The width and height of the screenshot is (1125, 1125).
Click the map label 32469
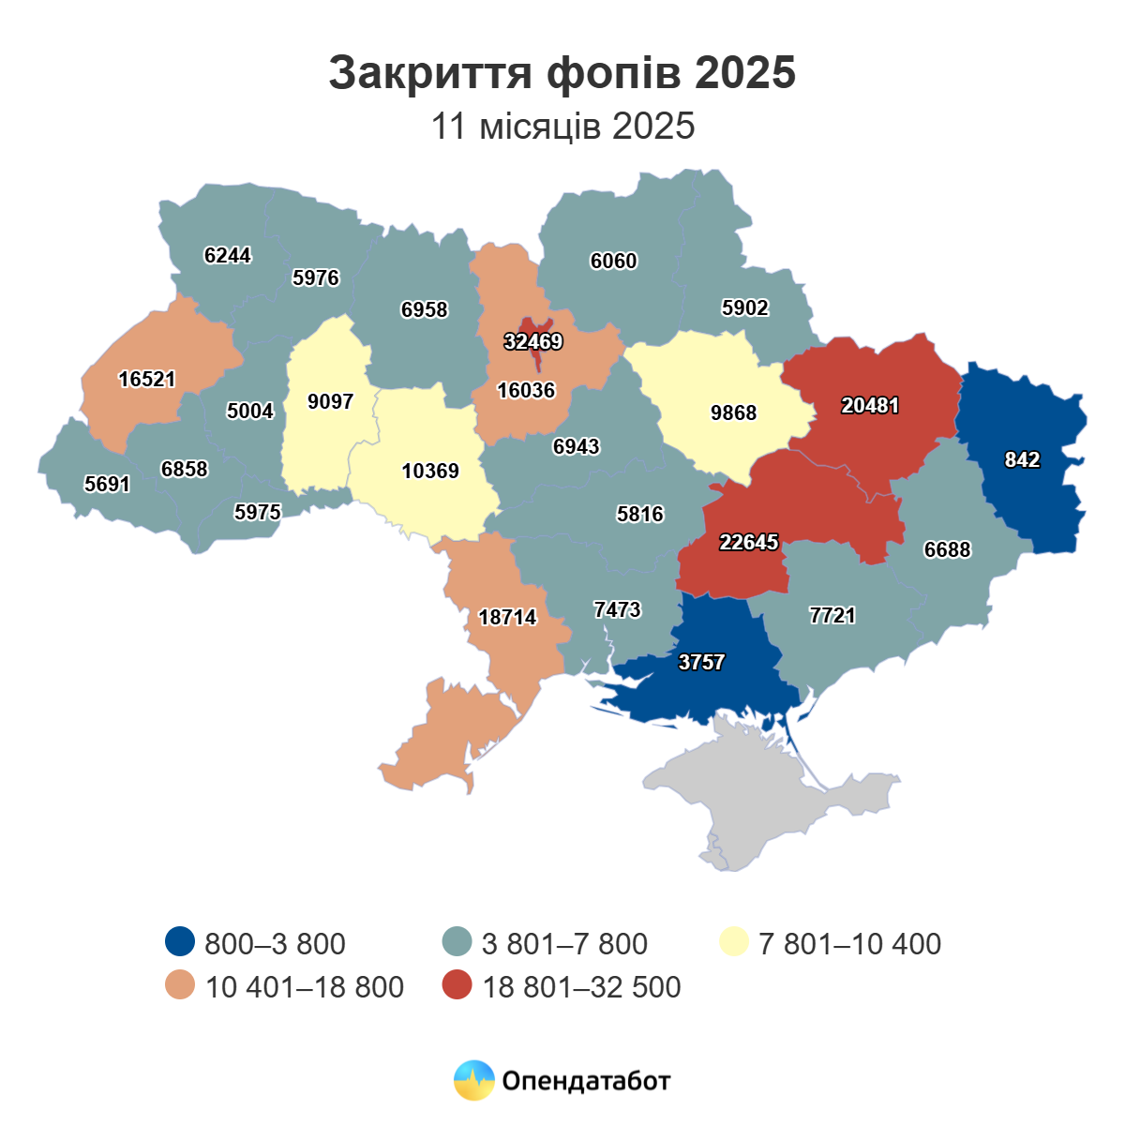coord(533,342)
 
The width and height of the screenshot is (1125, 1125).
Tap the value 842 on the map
coord(1022,459)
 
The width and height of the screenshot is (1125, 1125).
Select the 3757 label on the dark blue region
coord(701,663)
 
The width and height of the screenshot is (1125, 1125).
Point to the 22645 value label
coord(749,542)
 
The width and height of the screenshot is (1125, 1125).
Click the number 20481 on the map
coord(870,406)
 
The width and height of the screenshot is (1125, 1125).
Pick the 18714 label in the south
coord(507,618)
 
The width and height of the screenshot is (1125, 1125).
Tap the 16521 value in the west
coord(147,380)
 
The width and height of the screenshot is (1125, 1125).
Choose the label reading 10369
coord(430,472)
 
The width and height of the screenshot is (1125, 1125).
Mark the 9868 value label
coord(733,413)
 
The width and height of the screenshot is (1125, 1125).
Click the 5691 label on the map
coord(107,485)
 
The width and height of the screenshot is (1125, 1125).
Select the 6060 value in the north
coord(613,262)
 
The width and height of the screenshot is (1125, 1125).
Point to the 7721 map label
coord(832,616)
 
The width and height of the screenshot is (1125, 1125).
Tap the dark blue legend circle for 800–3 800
coord(179,942)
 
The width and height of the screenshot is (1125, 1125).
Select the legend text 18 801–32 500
coord(581,987)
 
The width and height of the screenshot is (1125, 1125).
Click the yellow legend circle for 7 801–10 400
coord(734,942)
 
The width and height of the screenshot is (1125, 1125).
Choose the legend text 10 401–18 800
coord(305,987)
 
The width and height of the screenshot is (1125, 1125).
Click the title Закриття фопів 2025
coord(562,73)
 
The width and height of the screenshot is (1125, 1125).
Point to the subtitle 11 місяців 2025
coord(562,126)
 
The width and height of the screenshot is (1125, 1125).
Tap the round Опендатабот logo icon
coord(473,1081)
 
